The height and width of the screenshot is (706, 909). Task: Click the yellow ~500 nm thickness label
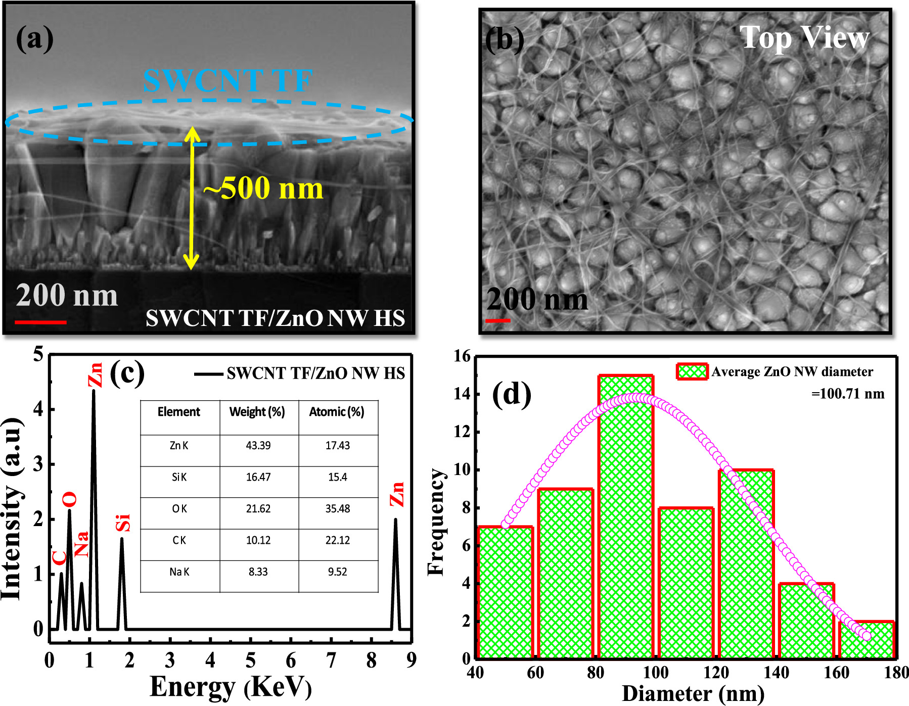pyautogui.click(x=263, y=189)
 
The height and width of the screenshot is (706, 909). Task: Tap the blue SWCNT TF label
pyautogui.click(x=228, y=81)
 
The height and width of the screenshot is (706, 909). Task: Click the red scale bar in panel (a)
pyautogui.click(x=40, y=321)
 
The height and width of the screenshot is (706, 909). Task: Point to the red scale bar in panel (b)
pyautogui.click(x=497, y=320)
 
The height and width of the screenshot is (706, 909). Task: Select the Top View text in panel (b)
pyautogui.click(x=804, y=38)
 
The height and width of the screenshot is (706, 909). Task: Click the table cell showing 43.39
pyautogui.click(x=258, y=445)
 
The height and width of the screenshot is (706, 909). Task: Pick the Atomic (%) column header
pyautogui.click(x=337, y=412)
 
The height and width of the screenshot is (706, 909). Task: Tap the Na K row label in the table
pyautogui.click(x=179, y=572)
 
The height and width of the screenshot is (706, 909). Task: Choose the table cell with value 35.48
pyautogui.click(x=337, y=508)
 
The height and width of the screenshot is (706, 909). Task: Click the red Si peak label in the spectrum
pyautogui.click(x=123, y=523)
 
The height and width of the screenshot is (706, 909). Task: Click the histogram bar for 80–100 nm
pyautogui.click(x=626, y=515)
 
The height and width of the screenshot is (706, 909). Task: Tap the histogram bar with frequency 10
pyautogui.click(x=746, y=563)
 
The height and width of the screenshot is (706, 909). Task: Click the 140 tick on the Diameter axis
pyautogui.click(x=776, y=673)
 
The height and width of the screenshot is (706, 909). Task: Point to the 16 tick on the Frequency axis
pyautogui.click(x=462, y=356)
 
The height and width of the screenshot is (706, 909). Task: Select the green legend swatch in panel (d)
pyautogui.click(x=692, y=371)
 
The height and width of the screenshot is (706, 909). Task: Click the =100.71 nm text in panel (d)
pyautogui.click(x=848, y=394)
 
